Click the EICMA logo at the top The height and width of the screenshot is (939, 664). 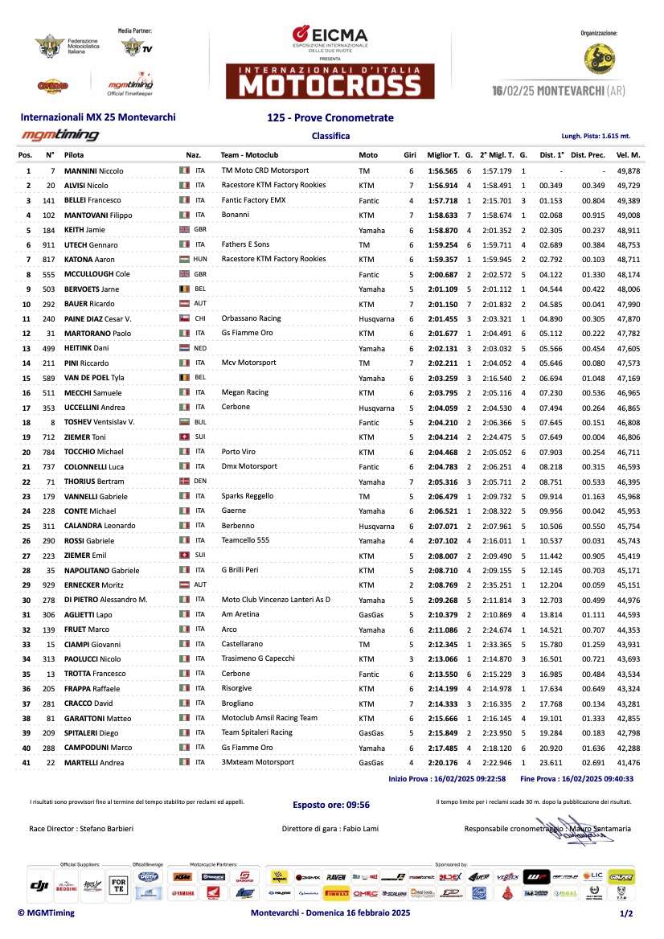pyautogui.click(x=330, y=36)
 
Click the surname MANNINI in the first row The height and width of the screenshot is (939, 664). pyautogui.click(x=84, y=171)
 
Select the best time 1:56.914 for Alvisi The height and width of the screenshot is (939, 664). pyautogui.click(x=443, y=186)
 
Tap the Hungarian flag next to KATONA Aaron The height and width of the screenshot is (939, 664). pyautogui.click(x=184, y=259)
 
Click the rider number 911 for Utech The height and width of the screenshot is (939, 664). pyautogui.click(x=50, y=244)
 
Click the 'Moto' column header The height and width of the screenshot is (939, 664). pyautogui.click(x=368, y=154)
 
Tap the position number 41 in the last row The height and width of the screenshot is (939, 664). pyautogui.click(x=28, y=761)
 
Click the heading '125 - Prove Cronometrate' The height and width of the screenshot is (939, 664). pyautogui.click(x=330, y=117)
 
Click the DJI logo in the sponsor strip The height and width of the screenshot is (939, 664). pyautogui.click(x=39, y=885)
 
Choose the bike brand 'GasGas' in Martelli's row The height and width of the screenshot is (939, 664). pyautogui.click(x=371, y=761)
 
